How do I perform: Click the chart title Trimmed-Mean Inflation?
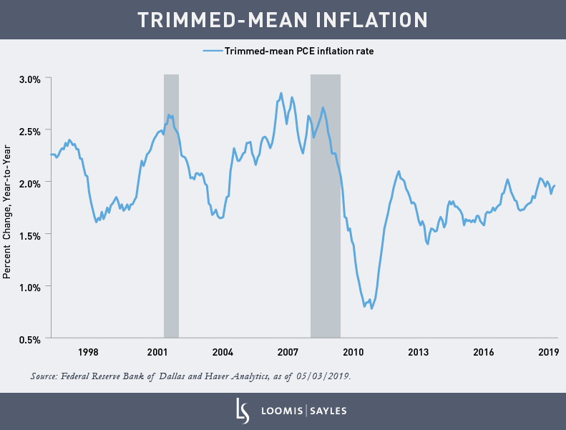click(x=283, y=19)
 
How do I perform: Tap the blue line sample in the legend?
click(x=213, y=51)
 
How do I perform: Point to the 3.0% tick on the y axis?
click(x=30, y=78)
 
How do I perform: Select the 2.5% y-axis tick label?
click(x=30, y=130)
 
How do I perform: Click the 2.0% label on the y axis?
click(x=30, y=182)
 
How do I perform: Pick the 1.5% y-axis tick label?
click(x=30, y=235)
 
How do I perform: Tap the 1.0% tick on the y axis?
click(x=30, y=287)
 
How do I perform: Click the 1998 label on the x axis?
click(x=88, y=352)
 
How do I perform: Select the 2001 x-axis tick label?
click(x=157, y=352)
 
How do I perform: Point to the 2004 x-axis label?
click(x=223, y=352)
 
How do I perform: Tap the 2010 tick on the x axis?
click(x=353, y=352)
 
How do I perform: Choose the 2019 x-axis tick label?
click(x=548, y=352)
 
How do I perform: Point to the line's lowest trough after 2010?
click(x=371, y=308)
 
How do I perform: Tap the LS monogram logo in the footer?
click(x=242, y=411)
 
